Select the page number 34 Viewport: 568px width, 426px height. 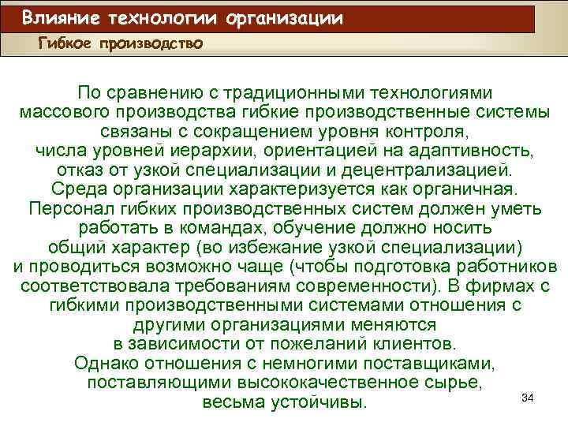(x=529, y=398)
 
